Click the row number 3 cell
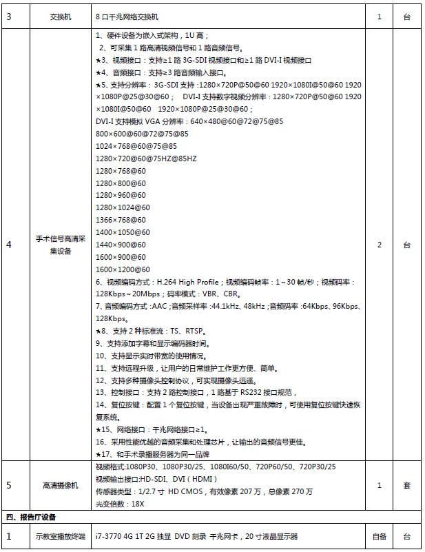[x=9, y=17]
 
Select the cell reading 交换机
[x=60, y=17]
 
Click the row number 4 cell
[x=9, y=245]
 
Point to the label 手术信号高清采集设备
[x=60, y=245]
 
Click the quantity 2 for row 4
[x=380, y=245]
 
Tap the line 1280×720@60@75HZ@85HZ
[x=146, y=159]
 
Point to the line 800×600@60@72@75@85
[x=141, y=134]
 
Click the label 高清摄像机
[x=60, y=485]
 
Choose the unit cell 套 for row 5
[x=406, y=485]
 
